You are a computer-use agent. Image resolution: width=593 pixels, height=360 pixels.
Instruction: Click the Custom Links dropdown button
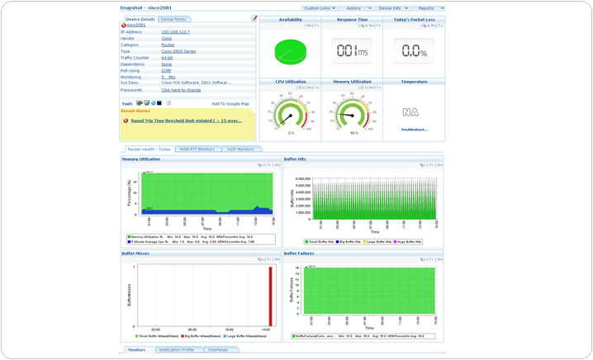(318, 8)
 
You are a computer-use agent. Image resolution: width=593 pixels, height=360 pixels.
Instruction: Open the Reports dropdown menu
(427, 8)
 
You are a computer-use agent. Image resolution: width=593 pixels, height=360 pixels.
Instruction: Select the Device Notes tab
(173, 19)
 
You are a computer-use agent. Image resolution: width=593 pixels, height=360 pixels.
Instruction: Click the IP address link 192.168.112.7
(175, 32)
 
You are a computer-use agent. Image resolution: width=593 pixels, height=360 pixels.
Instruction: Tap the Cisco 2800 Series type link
(178, 51)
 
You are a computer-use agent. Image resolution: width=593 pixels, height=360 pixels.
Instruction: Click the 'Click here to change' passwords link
(181, 90)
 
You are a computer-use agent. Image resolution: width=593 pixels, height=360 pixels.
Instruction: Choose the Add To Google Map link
(230, 104)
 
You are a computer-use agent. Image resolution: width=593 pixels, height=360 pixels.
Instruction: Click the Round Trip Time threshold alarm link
(186, 121)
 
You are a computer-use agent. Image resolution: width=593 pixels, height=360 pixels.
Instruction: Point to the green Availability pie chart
(290, 52)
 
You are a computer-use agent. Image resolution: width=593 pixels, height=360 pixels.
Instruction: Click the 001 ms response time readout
(352, 51)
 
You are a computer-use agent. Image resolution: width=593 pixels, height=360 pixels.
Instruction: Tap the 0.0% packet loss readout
(414, 51)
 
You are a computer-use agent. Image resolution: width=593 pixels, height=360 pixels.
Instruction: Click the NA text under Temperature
(410, 112)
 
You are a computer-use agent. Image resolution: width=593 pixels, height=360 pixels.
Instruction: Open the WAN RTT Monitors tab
(197, 149)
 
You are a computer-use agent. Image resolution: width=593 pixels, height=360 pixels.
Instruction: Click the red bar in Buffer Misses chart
(270, 296)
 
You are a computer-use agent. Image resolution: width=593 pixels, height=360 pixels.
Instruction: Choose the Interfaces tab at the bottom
(218, 350)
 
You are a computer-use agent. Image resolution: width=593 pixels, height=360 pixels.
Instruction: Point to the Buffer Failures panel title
(299, 253)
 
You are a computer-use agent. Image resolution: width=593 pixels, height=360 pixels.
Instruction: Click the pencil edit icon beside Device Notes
(254, 18)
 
